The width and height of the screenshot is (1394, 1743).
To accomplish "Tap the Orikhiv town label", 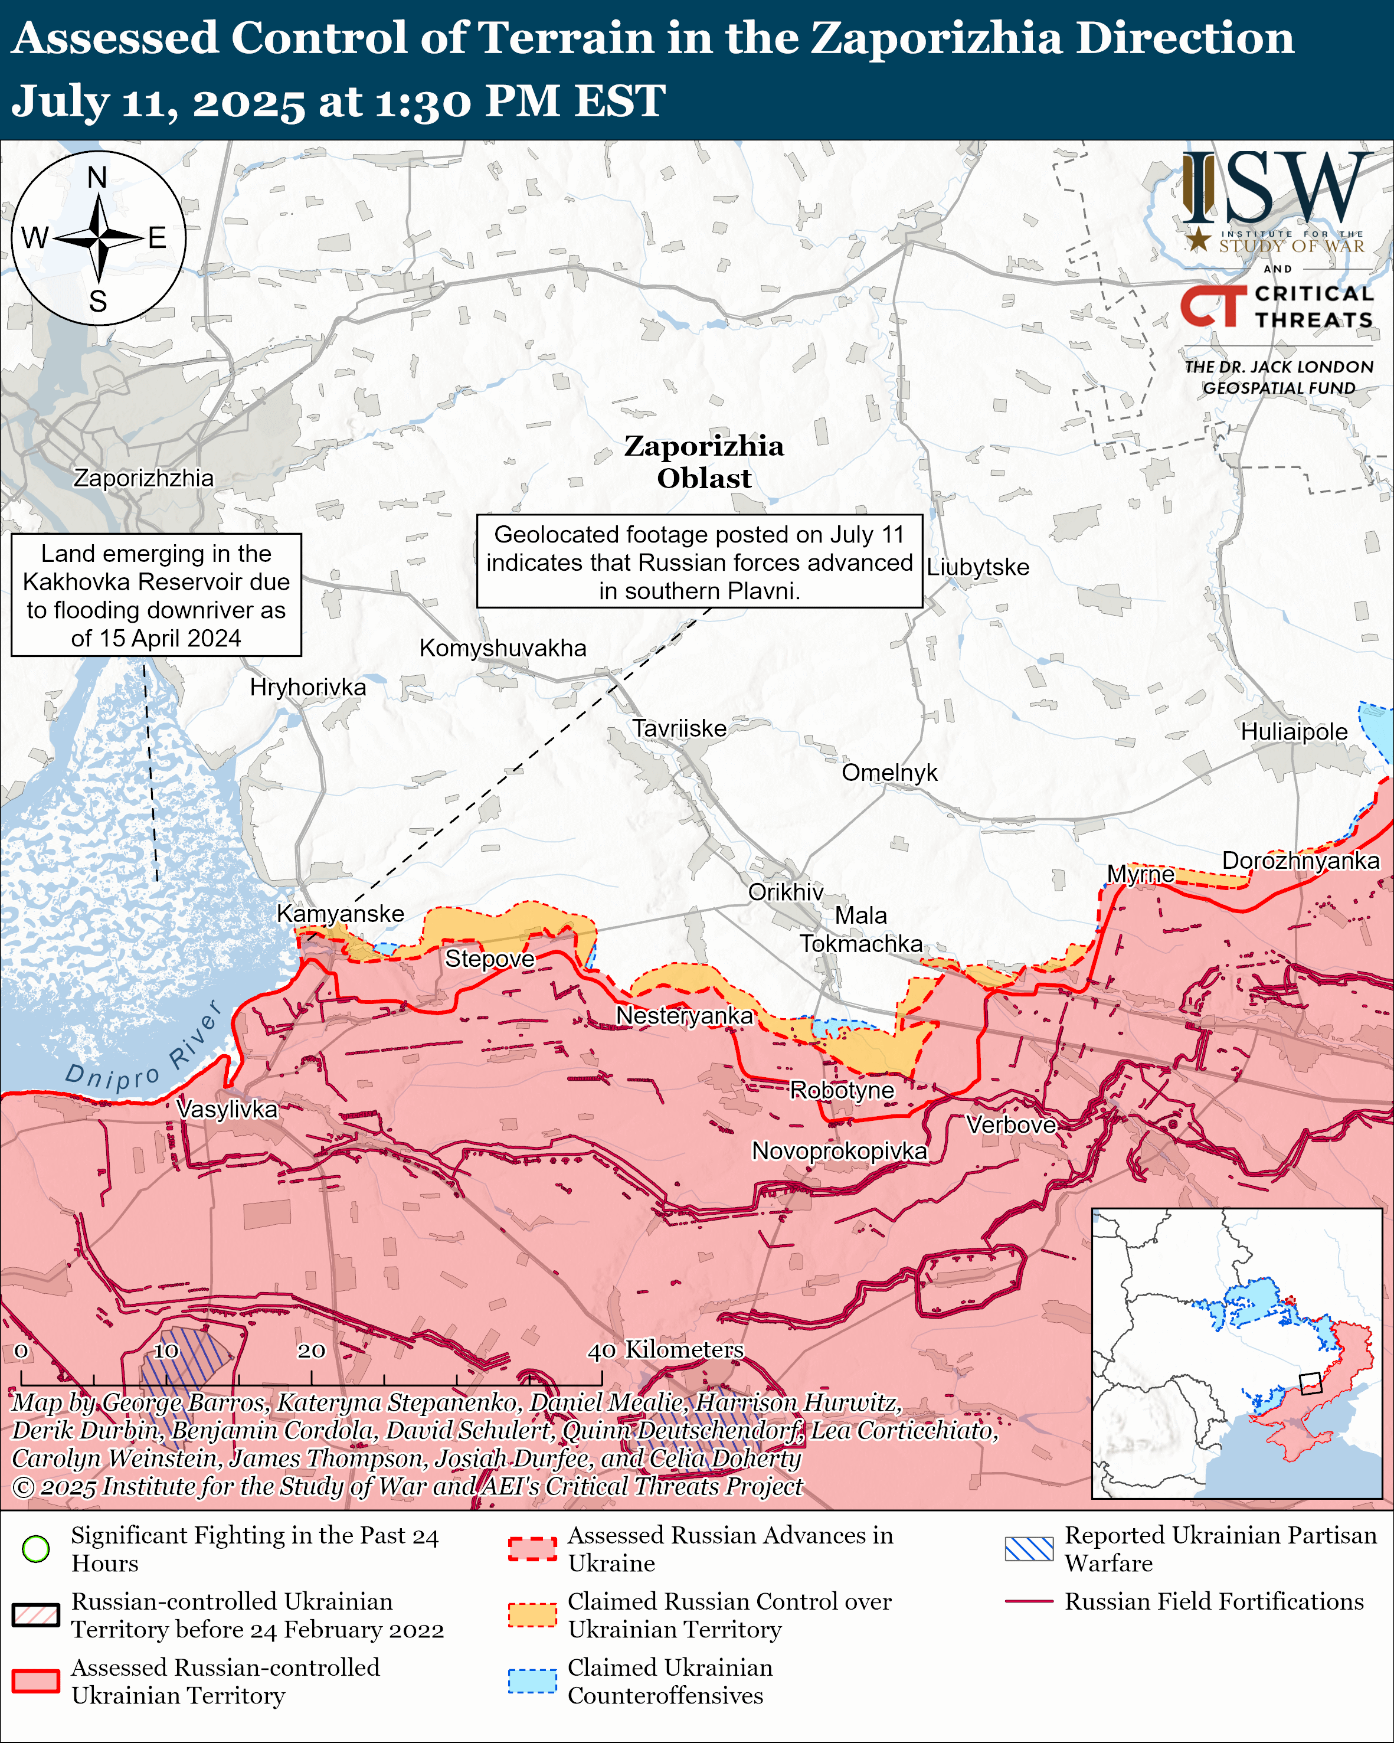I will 786,892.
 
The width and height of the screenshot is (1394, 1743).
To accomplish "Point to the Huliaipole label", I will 1294,732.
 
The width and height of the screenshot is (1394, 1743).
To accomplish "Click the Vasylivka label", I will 227,1108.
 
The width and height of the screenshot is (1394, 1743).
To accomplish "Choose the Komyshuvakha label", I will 503,648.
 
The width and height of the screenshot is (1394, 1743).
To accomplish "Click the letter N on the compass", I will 97,177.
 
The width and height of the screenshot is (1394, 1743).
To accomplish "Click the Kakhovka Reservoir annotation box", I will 156,595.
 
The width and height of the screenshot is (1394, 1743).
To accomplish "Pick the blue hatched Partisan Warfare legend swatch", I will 1029,1549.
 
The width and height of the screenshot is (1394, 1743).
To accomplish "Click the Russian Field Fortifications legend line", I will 1029,1601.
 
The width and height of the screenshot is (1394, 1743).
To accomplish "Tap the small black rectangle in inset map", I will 1310,1383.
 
